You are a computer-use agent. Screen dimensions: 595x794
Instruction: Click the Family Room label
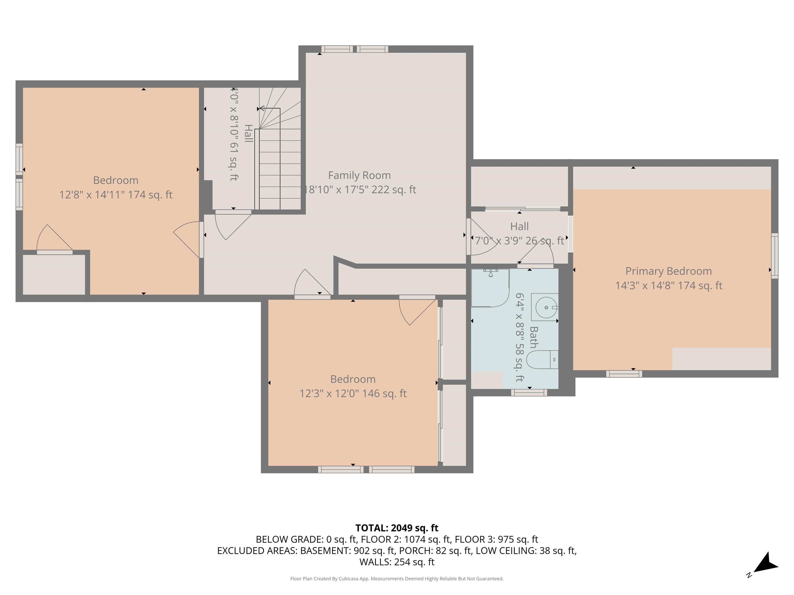359,175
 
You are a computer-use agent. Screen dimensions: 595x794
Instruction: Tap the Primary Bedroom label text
668,271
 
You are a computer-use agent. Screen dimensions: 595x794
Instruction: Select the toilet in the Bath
542,359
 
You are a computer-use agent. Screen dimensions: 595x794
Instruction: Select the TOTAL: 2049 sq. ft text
397,528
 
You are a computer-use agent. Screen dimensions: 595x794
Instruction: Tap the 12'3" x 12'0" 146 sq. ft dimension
353,394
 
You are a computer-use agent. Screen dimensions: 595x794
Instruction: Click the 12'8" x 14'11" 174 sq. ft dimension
116,195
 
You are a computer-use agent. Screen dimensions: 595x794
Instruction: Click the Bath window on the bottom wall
529,393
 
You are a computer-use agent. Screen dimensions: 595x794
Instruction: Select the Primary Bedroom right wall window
775,256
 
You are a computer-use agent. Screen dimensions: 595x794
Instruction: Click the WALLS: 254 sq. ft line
397,562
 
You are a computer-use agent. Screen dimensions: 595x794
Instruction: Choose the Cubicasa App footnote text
397,578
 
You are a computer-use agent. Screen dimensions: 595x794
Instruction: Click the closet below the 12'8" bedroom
54,274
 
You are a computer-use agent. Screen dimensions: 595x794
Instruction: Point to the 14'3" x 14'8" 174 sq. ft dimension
668,285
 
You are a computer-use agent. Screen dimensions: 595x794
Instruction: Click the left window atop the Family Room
337,49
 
